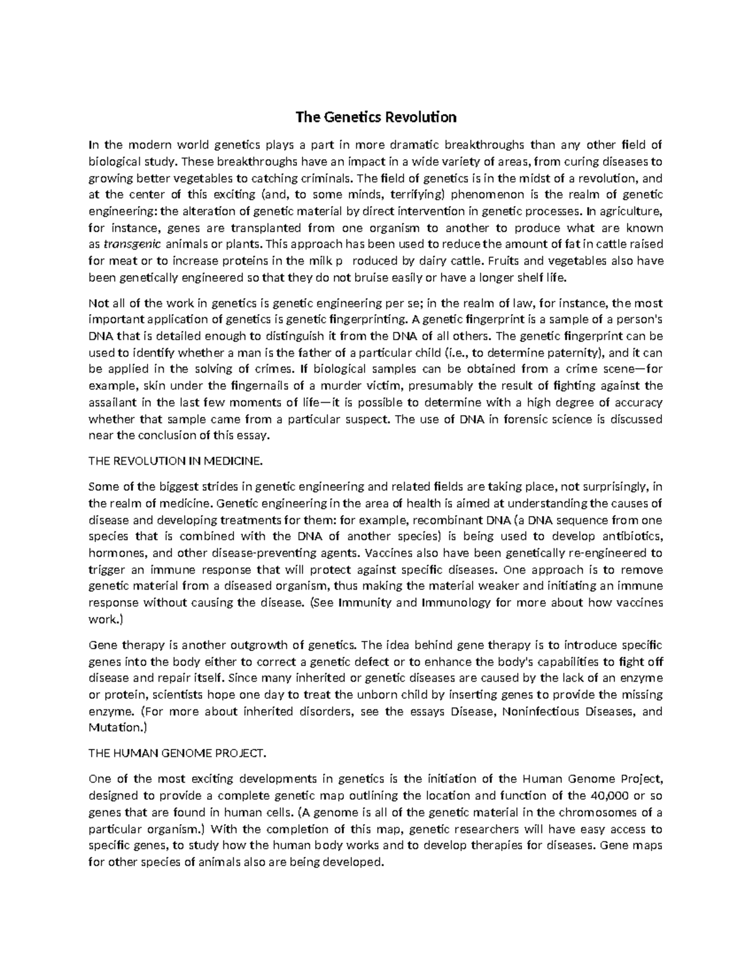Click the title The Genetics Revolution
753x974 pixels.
pyautogui.click(x=376, y=117)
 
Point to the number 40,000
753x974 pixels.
pyautogui.click(x=607, y=796)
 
